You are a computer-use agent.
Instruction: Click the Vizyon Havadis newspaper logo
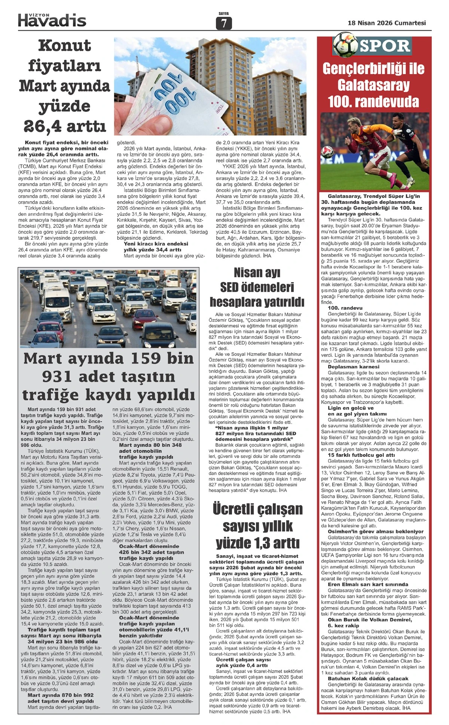[x=52, y=19]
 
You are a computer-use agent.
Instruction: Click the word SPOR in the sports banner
[x=385, y=46]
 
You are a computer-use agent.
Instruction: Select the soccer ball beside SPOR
[x=345, y=45]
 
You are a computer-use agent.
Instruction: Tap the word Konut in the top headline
[x=64, y=46]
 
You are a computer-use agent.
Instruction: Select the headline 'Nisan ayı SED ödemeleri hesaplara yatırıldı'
[x=257, y=287]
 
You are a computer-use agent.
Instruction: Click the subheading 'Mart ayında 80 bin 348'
[x=150, y=445]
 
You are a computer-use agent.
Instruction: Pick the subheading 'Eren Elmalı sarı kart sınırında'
[x=368, y=584]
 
